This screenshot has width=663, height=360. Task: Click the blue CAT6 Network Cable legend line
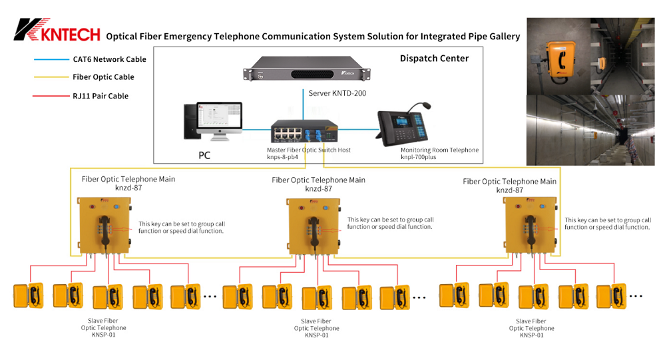click(x=50, y=59)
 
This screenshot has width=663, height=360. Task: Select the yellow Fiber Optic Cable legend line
click(x=50, y=77)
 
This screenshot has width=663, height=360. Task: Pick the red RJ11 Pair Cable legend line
click(x=50, y=96)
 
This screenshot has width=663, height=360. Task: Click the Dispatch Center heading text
click(x=434, y=59)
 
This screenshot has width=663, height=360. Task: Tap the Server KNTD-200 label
click(x=337, y=94)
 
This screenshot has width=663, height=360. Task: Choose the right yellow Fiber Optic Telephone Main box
click(x=532, y=226)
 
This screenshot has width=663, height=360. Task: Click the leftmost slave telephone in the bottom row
click(x=28, y=295)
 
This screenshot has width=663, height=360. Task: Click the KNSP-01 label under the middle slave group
click(x=316, y=335)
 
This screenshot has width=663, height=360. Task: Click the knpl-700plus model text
click(x=419, y=158)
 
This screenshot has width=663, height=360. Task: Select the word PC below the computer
click(x=206, y=156)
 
